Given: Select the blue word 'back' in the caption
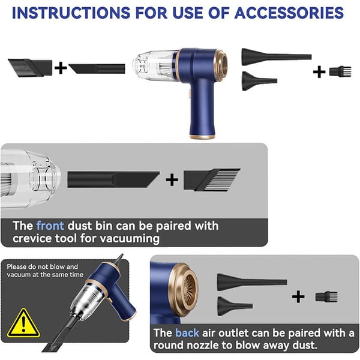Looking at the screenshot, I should pos(187,332).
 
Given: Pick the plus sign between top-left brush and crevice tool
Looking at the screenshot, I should pos(61,67).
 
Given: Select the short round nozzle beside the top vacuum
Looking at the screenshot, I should pos(259,80).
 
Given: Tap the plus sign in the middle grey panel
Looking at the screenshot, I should pos(172,179).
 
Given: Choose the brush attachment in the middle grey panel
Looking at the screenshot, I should pos(210,179).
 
